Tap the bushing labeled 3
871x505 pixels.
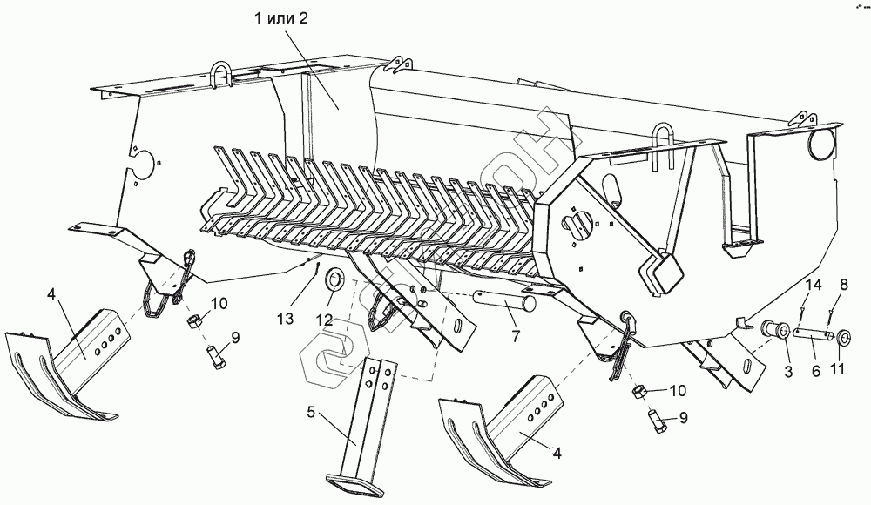pos(774,331)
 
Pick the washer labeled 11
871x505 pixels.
pos(842,336)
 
